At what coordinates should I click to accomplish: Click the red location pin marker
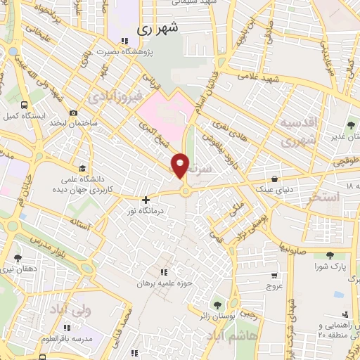(x=180, y=165)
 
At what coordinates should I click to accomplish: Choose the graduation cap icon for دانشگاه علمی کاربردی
(x=84, y=168)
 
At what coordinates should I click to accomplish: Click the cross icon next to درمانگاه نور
(x=146, y=200)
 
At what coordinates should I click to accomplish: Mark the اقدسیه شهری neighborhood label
(x=300, y=131)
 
